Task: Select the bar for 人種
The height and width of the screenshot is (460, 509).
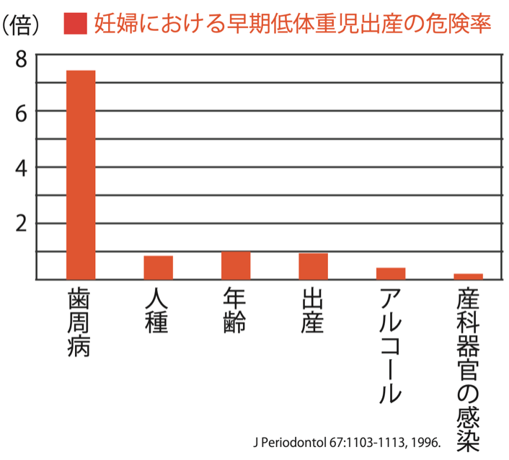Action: (158, 267)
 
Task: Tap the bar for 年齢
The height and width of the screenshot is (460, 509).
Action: (236, 265)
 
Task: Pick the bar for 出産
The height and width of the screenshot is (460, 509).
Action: (313, 266)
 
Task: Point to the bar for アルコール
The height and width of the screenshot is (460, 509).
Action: (391, 273)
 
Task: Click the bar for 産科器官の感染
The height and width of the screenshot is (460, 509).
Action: (468, 276)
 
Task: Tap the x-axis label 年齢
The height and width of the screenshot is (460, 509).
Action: (235, 311)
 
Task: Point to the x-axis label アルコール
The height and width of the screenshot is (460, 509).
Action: (390, 346)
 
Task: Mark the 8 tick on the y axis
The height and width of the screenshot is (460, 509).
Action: (21, 57)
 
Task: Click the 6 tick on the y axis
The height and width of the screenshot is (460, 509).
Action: (21, 112)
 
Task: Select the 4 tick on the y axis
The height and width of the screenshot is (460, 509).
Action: (21, 167)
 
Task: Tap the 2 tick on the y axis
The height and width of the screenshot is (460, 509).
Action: (21, 223)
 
